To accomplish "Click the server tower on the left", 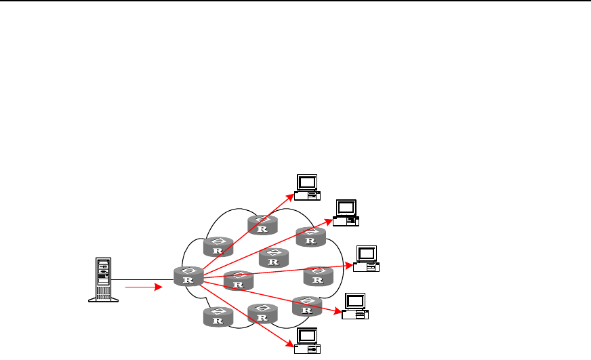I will (x=103, y=279).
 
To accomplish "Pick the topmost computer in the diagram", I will (x=307, y=186).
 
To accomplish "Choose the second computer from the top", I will (x=346, y=212).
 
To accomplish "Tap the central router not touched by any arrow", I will (x=274, y=258).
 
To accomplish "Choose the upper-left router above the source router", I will (x=218, y=247).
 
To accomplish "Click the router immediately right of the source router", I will (x=238, y=280).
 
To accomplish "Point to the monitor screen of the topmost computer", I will (x=307, y=182).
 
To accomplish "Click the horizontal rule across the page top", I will (x=295, y=1).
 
